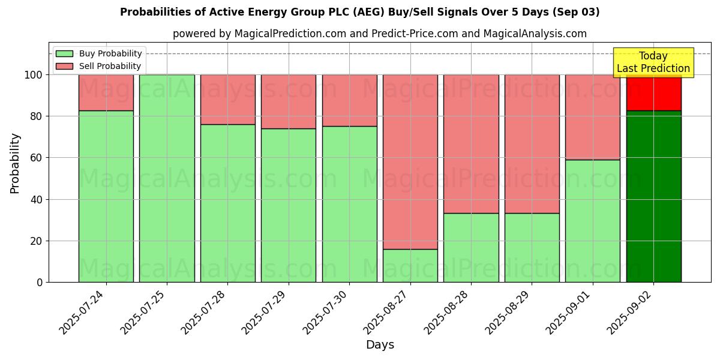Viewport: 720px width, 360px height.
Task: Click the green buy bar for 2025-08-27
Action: pos(410,265)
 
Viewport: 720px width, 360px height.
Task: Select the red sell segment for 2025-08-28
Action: pos(471,144)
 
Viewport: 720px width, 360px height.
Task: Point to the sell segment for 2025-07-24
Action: pos(106,92)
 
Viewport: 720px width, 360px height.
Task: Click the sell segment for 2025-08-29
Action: pos(532,144)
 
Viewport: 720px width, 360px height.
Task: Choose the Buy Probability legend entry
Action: pos(98,54)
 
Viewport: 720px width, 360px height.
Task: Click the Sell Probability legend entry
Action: pos(98,66)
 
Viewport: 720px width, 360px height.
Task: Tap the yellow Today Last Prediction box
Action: pos(653,62)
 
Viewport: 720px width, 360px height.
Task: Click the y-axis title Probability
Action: pos(15,163)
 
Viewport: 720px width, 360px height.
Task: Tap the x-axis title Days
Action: pos(380,345)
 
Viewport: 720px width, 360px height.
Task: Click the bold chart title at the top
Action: pos(360,12)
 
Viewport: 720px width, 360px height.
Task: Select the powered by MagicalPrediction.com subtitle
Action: pos(380,34)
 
